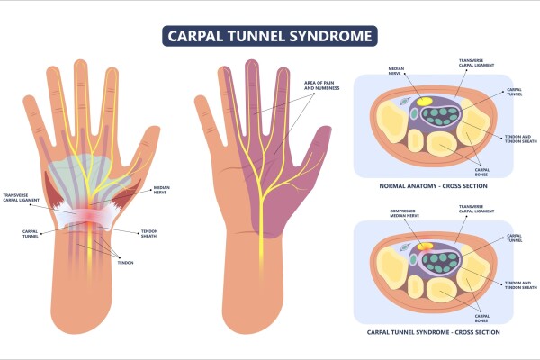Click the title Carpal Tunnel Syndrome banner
[x=270, y=36]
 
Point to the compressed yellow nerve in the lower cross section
[x=423, y=242]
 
